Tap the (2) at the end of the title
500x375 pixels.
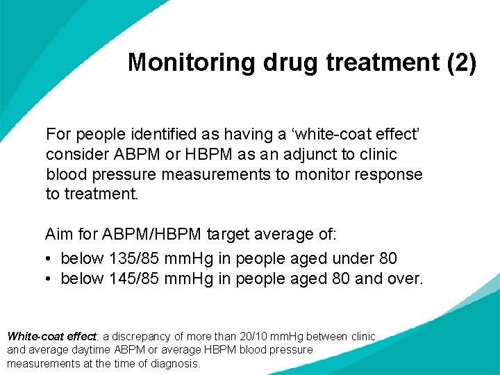pos(462,62)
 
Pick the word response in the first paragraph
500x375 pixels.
pos(393,174)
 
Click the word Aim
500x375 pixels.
pos(59,234)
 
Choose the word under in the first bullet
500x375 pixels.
pos(354,258)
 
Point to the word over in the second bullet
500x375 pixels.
pos(405,278)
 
